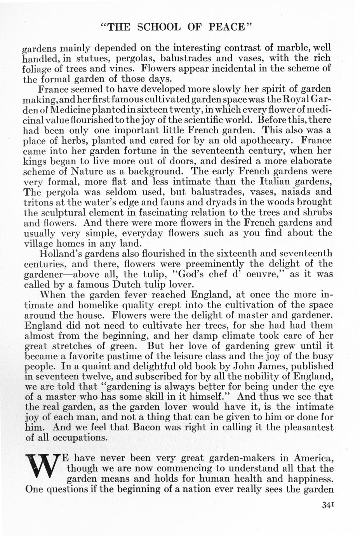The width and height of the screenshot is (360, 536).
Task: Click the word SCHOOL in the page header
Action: (159, 27)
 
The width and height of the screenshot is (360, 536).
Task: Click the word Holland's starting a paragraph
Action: (61, 254)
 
